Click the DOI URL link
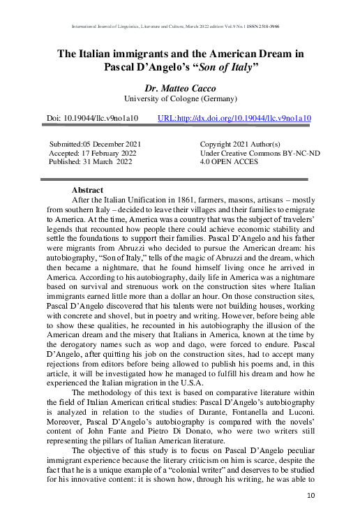[235, 119]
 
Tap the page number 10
[312, 495]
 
